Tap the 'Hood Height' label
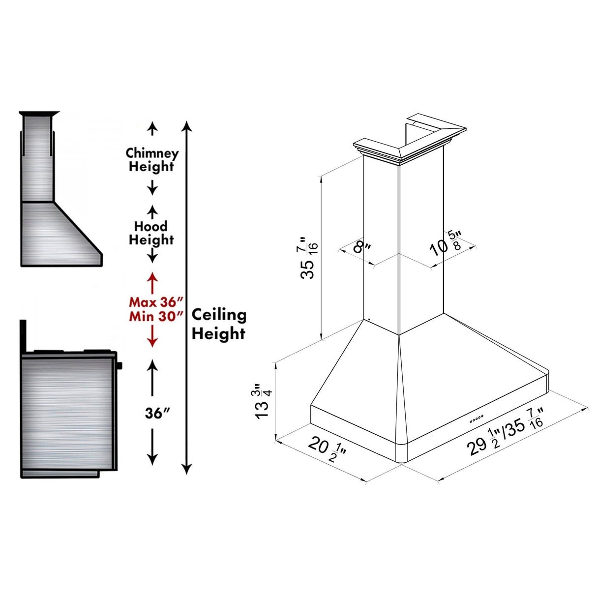pyautogui.click(x=151, y=233)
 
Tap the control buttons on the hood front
pyautogui.click(x=477, y=418)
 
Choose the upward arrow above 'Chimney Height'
pyautogui.click(x=153, y=129)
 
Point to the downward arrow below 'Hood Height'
pyautogui.click(x=153, y=255)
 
